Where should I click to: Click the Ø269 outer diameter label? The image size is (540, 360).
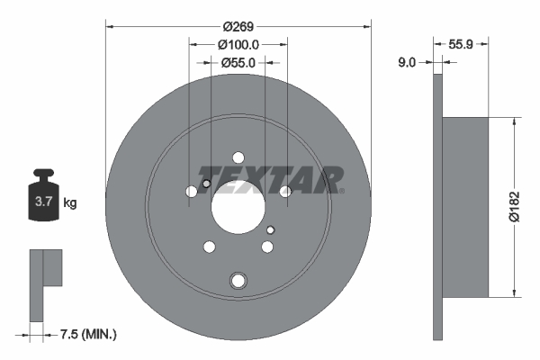coord(238,26)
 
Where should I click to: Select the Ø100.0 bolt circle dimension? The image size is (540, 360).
coord(238,44)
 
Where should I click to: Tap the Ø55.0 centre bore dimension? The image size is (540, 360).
coord(238,62)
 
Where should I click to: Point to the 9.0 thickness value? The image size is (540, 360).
coord(407,62)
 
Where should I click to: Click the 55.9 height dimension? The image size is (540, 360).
coord(462,43)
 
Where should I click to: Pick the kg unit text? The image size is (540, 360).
coord(70,203)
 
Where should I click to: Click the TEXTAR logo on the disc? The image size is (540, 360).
coord(270,177)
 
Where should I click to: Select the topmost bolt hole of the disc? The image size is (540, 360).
coord(238,156)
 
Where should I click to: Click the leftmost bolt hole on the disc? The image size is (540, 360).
coord(192,192)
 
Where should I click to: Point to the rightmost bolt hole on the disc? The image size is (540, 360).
coord(285,192)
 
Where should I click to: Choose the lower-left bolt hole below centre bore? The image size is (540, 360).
coord(210,247)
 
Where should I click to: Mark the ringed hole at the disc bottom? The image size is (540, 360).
coord(238,280)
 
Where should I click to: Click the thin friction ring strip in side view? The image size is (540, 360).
coord(438,207)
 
